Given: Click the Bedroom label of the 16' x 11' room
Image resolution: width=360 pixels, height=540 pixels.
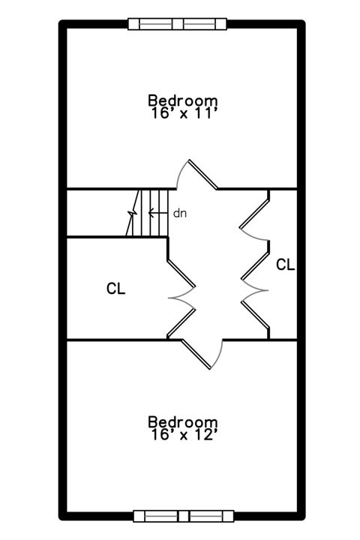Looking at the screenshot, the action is [x=182, y=100].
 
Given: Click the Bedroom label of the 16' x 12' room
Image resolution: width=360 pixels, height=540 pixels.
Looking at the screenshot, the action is [x=182, y=421].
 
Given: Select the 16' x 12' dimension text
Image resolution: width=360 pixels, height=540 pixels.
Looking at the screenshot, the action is [x=184, y=434].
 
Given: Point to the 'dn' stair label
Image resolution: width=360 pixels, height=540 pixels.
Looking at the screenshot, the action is [x=180, y=214].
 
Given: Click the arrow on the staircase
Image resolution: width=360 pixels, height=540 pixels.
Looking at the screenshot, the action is [x=158, y=213].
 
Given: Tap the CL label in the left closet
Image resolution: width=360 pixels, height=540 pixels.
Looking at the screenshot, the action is [x=116, y=289].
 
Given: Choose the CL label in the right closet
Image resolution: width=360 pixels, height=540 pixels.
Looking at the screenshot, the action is [x=286, y=265].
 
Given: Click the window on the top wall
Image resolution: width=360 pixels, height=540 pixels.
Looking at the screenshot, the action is [x=178, y=24].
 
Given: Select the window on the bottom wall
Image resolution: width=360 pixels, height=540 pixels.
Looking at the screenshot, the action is [x=184, y=516].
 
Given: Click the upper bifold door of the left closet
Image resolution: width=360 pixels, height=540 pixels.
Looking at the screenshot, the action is [x=181, y=280].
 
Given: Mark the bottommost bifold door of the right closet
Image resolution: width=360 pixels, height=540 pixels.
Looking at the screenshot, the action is [x=255, y=314].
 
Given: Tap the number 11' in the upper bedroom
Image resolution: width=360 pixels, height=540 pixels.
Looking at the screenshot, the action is [x=205, y=113].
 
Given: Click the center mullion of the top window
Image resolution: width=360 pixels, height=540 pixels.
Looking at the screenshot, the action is [x=178, y=24].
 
